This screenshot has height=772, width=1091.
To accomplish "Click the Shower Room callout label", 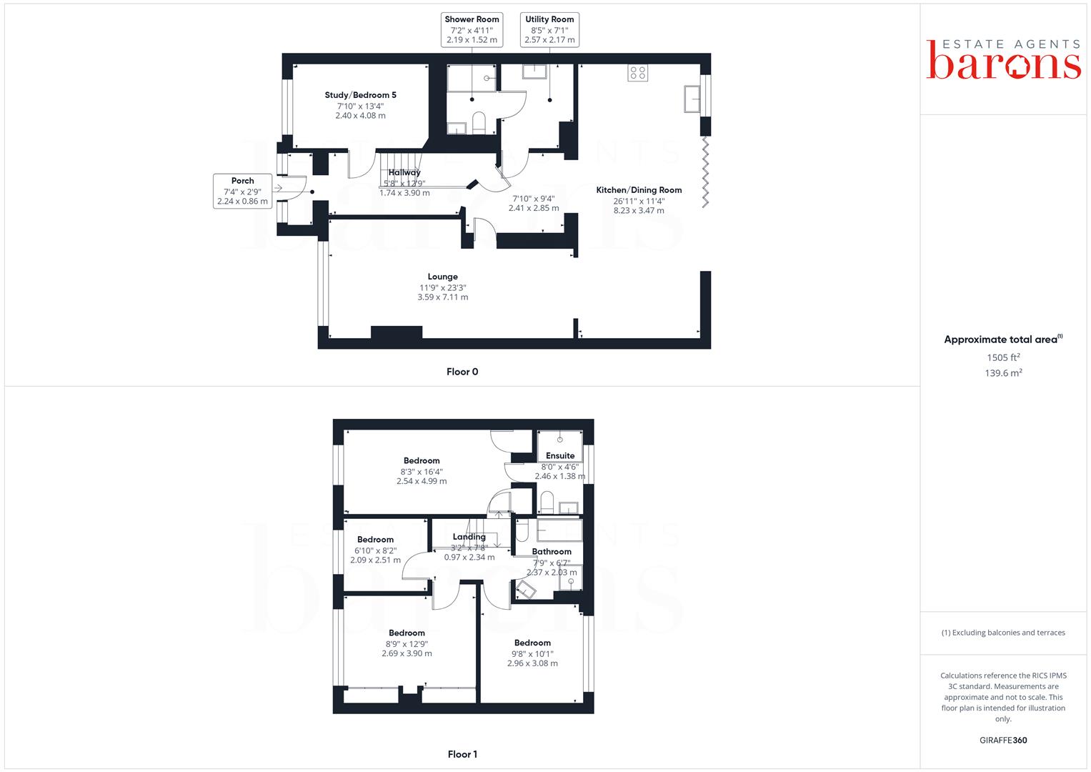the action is [x=472, y=30].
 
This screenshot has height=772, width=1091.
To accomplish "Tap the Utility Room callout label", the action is [x=549, y=30].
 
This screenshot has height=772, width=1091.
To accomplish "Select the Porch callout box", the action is [x=242, y=191].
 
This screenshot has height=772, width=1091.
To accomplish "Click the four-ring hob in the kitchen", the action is [x=637, y=73].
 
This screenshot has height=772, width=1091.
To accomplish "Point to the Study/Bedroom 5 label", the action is [x=360, y=95].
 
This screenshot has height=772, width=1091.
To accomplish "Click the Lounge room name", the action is [x=443, y=277].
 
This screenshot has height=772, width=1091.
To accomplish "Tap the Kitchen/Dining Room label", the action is [x=639, y=190].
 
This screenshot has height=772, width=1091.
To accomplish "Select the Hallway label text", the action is [x=404, y=172].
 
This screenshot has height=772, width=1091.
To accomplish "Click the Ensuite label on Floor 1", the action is [x=560, y=456].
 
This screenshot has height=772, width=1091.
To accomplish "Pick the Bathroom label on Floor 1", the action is [x=552, y=552].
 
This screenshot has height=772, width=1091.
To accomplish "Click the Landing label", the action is [x=469, y=537].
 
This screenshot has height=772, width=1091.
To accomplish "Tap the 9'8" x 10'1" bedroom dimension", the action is [x=532, y=654].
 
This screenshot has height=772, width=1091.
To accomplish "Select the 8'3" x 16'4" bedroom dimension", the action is [x=422, y=472].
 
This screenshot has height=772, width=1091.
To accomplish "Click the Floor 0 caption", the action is [x=462, y=372].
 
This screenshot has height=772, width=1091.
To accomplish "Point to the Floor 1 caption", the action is [x=462, y=754].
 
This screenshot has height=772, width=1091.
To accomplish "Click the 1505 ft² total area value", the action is [x=1003, y=357].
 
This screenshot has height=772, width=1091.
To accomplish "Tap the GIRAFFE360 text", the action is [x=1003, y=741].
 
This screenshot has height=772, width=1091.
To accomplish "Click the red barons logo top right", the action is [x=1003, y=59].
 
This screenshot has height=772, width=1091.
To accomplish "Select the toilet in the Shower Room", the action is [x=479, y=123].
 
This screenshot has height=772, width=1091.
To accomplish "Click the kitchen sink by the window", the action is [x=692, y=99].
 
